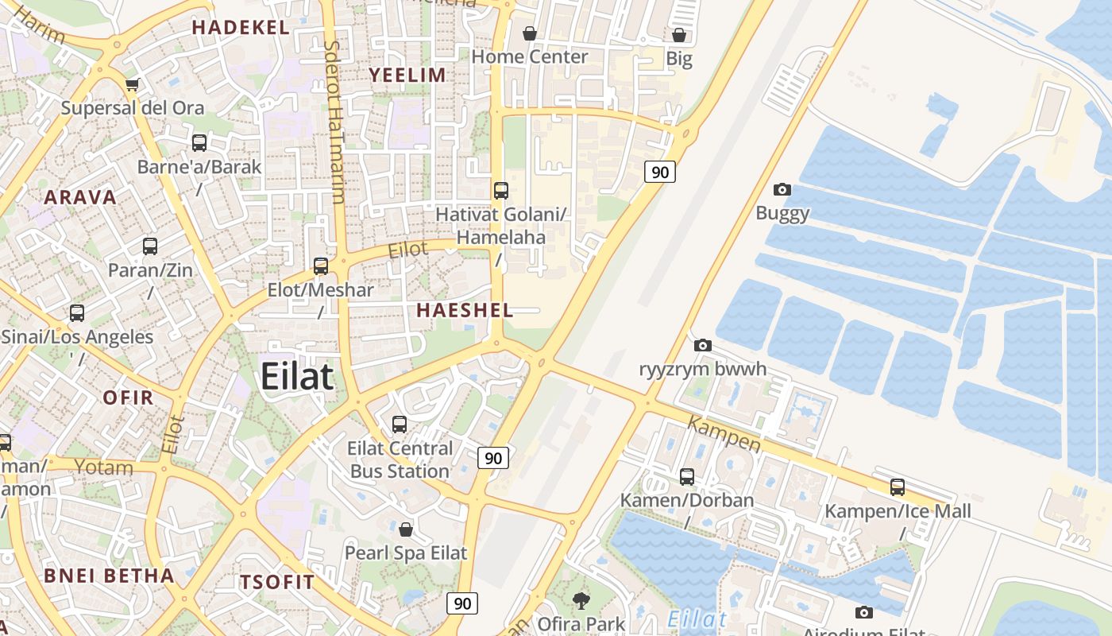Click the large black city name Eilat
coord(297,376)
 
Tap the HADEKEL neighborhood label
coord(241,27)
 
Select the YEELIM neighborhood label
coord(407,75)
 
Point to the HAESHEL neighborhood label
coord(465,310)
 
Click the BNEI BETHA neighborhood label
coord(109,576)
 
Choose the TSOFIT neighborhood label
coord(278,582)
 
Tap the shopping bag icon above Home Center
coord(530,34)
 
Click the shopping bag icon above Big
coord(679,36)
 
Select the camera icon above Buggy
coord(782,189)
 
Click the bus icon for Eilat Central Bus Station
coord(400,425)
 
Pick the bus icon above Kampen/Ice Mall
coord(898,487)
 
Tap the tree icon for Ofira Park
coord(581,601)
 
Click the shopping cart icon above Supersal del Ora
coord(133,84)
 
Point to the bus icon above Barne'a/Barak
coord(199,143)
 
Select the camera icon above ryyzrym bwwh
coord(703,346)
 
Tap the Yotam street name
coord(103,467)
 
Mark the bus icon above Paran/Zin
coord(150,246)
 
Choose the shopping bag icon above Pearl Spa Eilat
coord(406,529)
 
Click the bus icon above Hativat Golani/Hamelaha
coord(501,191)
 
